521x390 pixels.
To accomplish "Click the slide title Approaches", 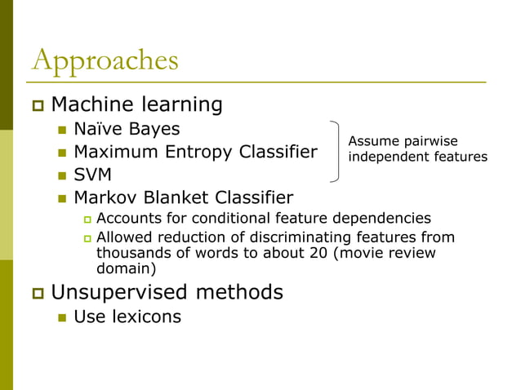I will [104, 61].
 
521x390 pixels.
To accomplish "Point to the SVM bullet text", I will [92, 175].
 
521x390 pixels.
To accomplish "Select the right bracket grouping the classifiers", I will [336, 152].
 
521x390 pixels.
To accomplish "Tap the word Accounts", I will [124, 218].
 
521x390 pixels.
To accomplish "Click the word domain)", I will [126, 268].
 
